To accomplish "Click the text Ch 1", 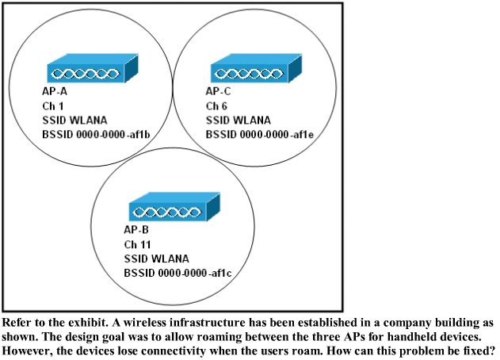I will (x=53, y=105).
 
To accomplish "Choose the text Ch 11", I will (x=138, y=244).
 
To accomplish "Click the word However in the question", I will (x=26, y=350).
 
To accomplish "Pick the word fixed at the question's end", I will (x=477, y=350).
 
